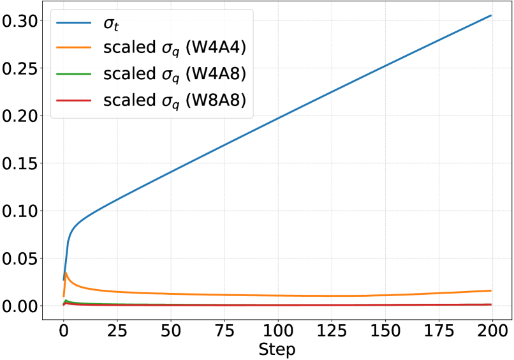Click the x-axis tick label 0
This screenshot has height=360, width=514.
(63, 330)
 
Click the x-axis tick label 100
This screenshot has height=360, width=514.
(277, 330)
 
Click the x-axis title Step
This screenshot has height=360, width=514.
(277, 349)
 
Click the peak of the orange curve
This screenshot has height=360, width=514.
(66, 273)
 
